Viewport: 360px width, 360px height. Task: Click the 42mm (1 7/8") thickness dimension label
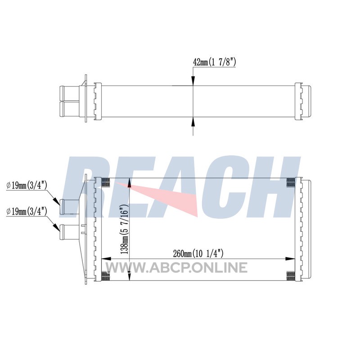(215, 62)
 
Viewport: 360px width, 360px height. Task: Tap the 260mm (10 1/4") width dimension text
(198, 254)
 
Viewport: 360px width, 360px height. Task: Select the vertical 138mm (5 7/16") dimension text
(125, 229)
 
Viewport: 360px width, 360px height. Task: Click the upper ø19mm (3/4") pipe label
(27, 185)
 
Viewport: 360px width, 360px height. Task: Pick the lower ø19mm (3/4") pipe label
(27, 211)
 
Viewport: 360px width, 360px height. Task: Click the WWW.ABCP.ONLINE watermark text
(176, 268)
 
